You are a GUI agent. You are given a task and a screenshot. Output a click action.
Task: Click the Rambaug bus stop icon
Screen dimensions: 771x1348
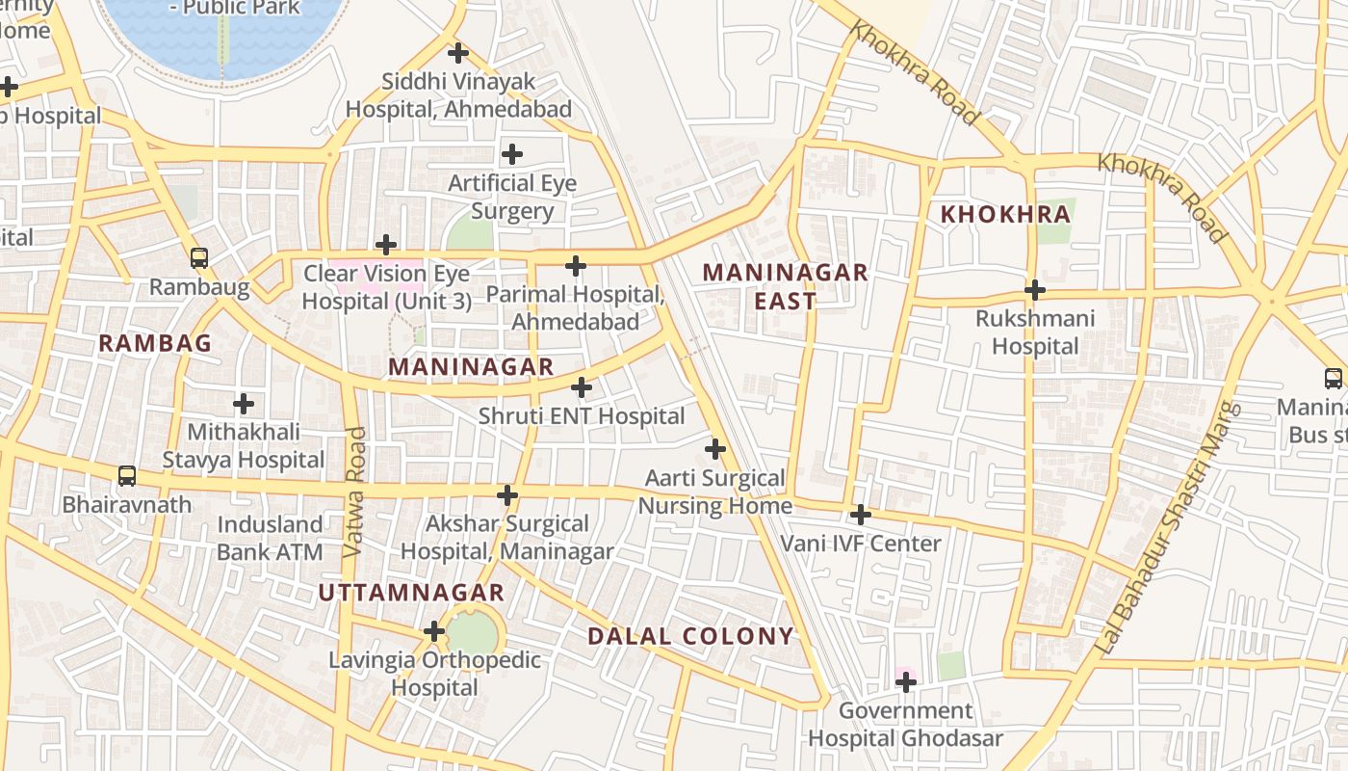coord(199,258)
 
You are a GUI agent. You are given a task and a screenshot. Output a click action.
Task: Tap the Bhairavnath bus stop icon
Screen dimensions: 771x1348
coord(127,476)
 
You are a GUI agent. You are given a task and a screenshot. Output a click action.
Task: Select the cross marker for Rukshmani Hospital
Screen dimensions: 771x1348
coord(1035,290)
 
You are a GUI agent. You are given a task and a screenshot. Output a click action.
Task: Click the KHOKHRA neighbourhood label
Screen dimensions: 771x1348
coord(1005,215)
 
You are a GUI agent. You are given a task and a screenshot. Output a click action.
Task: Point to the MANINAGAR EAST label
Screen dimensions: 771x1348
coord(785,286)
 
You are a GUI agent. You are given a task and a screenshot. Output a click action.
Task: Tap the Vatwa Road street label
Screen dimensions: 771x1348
coord(354,492)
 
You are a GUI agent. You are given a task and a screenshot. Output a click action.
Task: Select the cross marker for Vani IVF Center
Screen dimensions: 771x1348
coord(861,515)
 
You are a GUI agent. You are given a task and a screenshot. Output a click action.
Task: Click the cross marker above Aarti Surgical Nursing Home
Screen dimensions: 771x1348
coord(715,449)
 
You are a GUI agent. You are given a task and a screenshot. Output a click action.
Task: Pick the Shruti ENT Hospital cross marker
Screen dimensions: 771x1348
coord(582,387)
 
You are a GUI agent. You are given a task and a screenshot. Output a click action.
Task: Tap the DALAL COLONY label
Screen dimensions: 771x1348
coord(690,636)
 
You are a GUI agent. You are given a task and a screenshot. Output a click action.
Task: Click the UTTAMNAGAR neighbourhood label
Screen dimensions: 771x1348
coord(411,593)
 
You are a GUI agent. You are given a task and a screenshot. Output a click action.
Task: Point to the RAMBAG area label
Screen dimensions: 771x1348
coord(155,343)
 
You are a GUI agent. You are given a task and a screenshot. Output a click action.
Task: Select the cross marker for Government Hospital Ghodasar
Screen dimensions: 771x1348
coord(905,682)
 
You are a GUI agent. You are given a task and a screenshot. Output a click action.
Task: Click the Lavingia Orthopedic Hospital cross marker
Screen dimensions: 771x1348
coord(434,632)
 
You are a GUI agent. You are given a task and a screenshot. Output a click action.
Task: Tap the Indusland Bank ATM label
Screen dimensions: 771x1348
coord(270,538)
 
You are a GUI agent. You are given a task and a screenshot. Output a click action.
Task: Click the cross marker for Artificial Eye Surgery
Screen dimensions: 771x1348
coord(512,154)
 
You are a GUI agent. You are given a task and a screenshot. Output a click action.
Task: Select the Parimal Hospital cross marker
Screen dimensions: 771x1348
coord(576,266)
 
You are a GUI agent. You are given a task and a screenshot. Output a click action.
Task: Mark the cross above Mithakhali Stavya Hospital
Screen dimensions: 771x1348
coord(244,404)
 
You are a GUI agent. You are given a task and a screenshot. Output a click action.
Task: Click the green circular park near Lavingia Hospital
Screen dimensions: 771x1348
coord(473,634)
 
